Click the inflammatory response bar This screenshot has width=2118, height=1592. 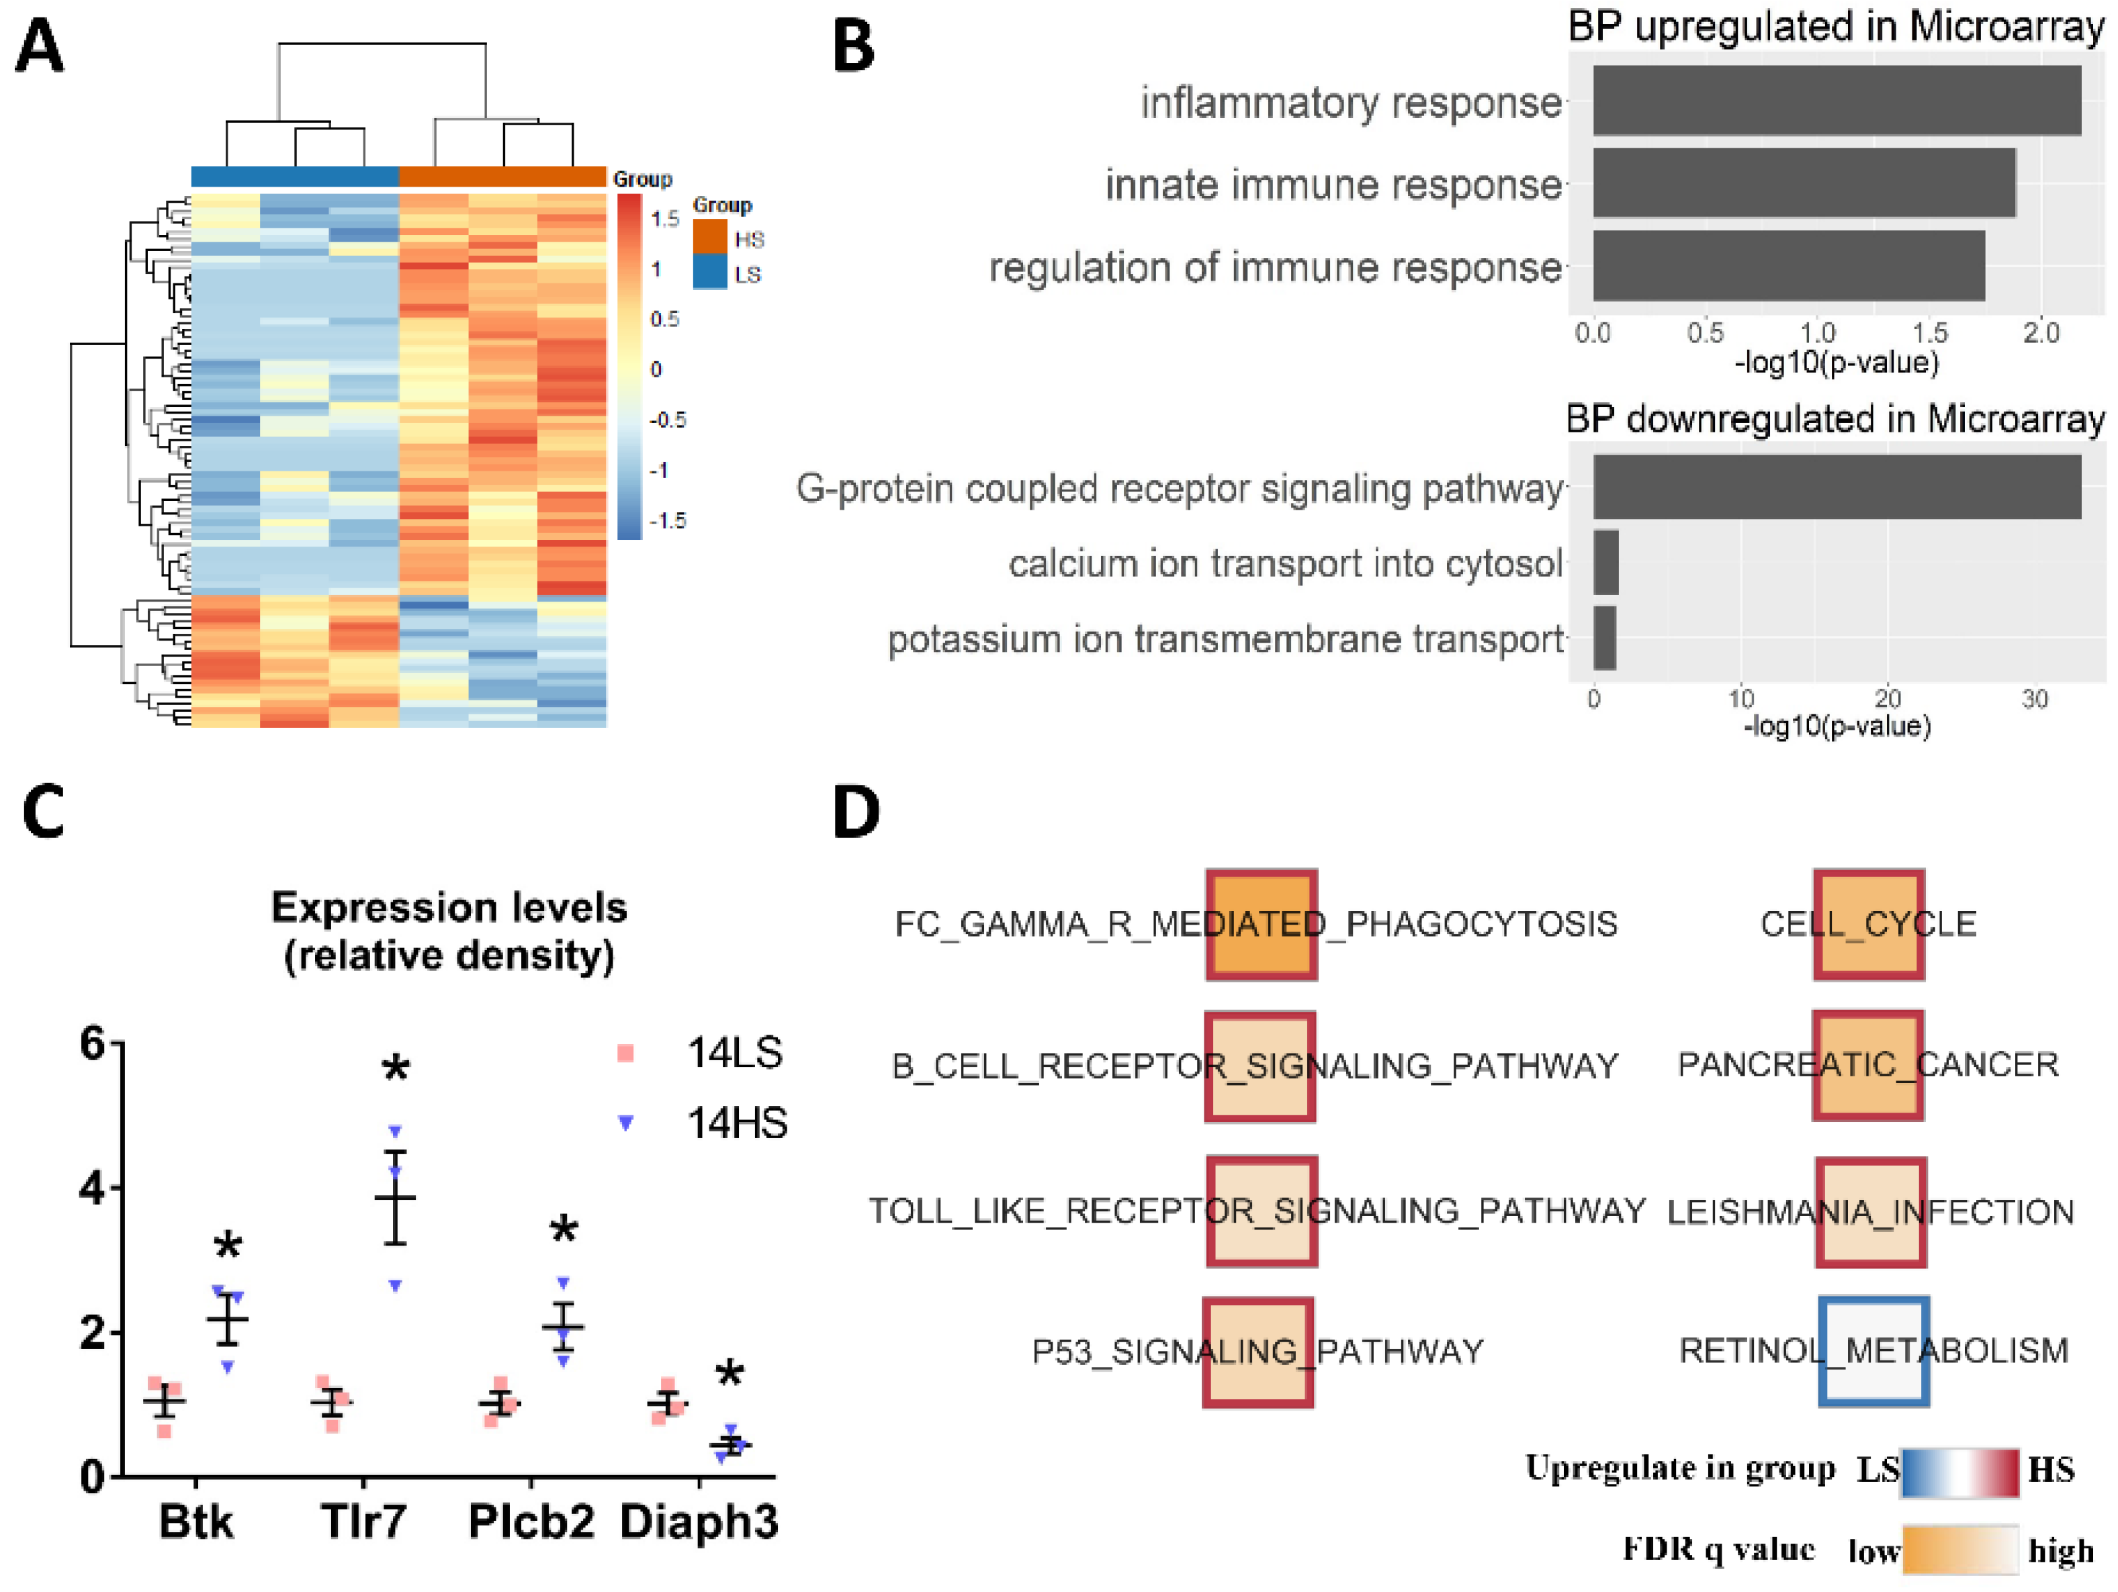[1836, 101]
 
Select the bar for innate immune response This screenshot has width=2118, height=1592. [1804, 183]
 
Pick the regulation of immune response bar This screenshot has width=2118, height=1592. [1789, 265]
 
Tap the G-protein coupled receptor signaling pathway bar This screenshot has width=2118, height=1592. [1836, 487]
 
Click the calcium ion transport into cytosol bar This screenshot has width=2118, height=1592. [1605, 563]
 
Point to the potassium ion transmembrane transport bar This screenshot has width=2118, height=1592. [1605, 638]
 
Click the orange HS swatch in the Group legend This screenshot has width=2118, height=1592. [709, 236]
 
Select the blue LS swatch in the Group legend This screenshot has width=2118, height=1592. [709, 272]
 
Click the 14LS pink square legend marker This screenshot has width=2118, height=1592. [625, 1054]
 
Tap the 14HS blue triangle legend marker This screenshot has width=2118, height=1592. [625, 1123]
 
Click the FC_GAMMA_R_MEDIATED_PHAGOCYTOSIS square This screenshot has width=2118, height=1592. [1261, 925]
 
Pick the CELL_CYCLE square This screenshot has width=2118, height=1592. [1868, 925]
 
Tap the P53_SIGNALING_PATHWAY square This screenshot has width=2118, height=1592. [1258, 1352]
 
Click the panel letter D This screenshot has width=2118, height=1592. [855, 812]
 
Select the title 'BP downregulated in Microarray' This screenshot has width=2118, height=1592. [1835, 419]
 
